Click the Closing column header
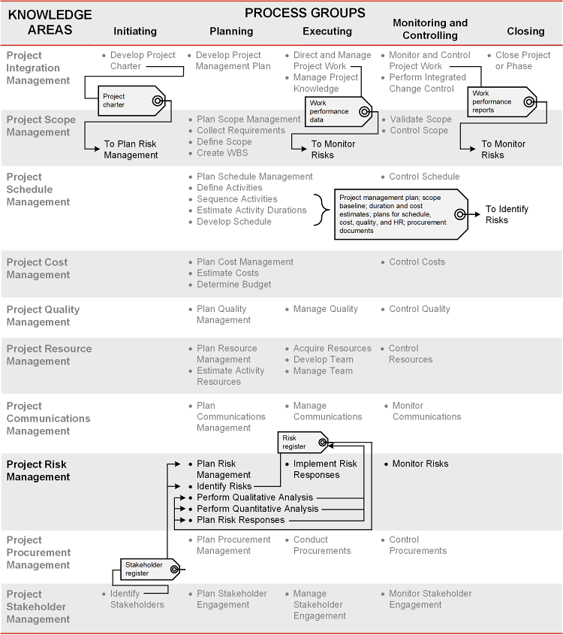525,31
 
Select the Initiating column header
135,31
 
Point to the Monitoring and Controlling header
430,29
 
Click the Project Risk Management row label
38,470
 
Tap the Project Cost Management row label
38,268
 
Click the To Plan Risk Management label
131,150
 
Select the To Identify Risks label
507,214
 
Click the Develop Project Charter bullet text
143,60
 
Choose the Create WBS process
221,153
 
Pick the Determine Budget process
233,284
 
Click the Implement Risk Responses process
325,469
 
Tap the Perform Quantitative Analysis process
257,509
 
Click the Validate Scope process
420,119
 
